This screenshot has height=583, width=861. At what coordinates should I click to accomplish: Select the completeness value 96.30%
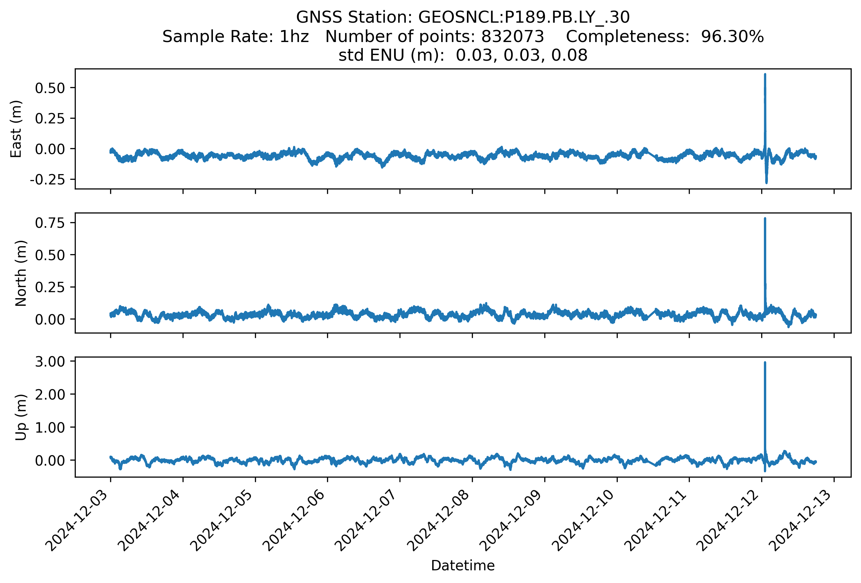[x=732, y=37]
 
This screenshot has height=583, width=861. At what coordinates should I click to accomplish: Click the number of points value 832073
[x=512, y=37]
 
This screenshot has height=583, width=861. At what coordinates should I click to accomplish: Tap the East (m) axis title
[x=16, y=129]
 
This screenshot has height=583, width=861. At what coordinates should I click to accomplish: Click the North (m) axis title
[x=21, y=273]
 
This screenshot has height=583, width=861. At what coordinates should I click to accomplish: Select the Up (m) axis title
[x=21, y=417]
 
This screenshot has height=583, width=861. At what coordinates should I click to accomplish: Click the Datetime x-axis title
[x=463, y=566]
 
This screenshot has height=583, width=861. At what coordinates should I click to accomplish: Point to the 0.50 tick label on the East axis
[x=50, y=88]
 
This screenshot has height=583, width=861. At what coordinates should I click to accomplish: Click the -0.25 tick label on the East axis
[x=47, y=180]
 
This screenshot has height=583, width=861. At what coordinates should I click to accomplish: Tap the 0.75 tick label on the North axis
[x=50, y=223]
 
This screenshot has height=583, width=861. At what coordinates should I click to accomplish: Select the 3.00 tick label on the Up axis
[x=50, y=361]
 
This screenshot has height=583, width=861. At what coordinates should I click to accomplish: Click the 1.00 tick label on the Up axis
[x=50, y=428]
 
